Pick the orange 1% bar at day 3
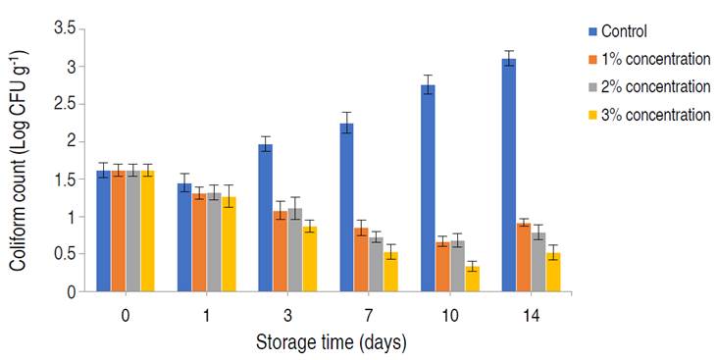(x=280, y=250)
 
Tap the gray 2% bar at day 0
(x=132, y=231)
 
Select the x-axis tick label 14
(x=530, y=315)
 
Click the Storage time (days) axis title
(x=330, y=342)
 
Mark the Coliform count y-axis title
(x=21, y=162)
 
